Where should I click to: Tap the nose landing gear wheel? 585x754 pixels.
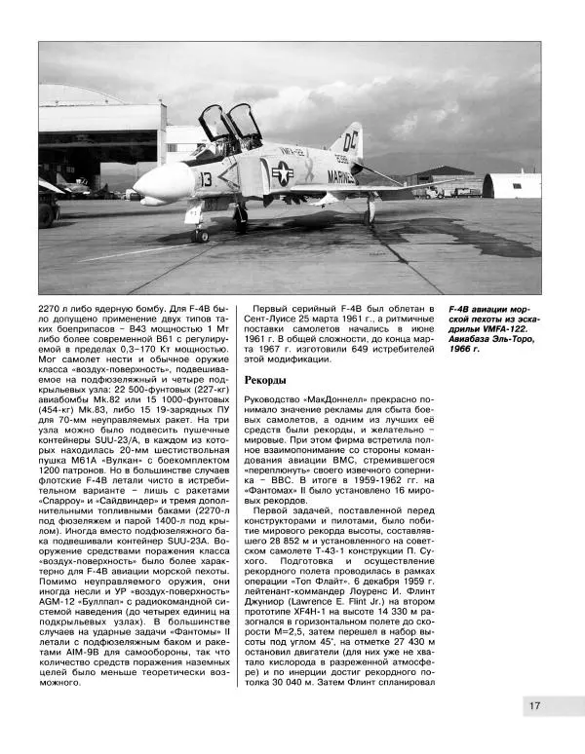201,235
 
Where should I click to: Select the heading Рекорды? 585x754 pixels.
266,379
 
